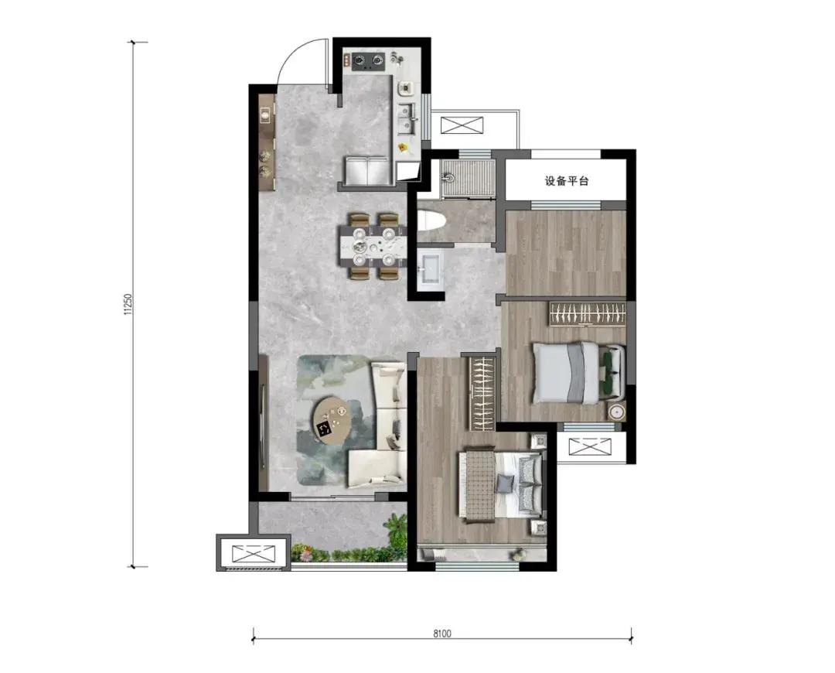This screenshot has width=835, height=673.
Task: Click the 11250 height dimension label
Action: pos(128,304)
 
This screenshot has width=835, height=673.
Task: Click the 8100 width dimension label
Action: pos(442,634)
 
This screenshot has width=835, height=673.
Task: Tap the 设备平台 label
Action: pos(567,181)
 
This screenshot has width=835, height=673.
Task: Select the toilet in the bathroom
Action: pos(431,220)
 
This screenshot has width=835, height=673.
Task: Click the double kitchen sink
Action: pos(408,119)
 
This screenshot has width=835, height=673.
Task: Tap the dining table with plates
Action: pos(373,246)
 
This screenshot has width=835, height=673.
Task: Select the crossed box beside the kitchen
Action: pos(462,126)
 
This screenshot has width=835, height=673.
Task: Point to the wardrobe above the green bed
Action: pos(588,313)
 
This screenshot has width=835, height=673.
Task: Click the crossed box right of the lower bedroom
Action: pos(589,446)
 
